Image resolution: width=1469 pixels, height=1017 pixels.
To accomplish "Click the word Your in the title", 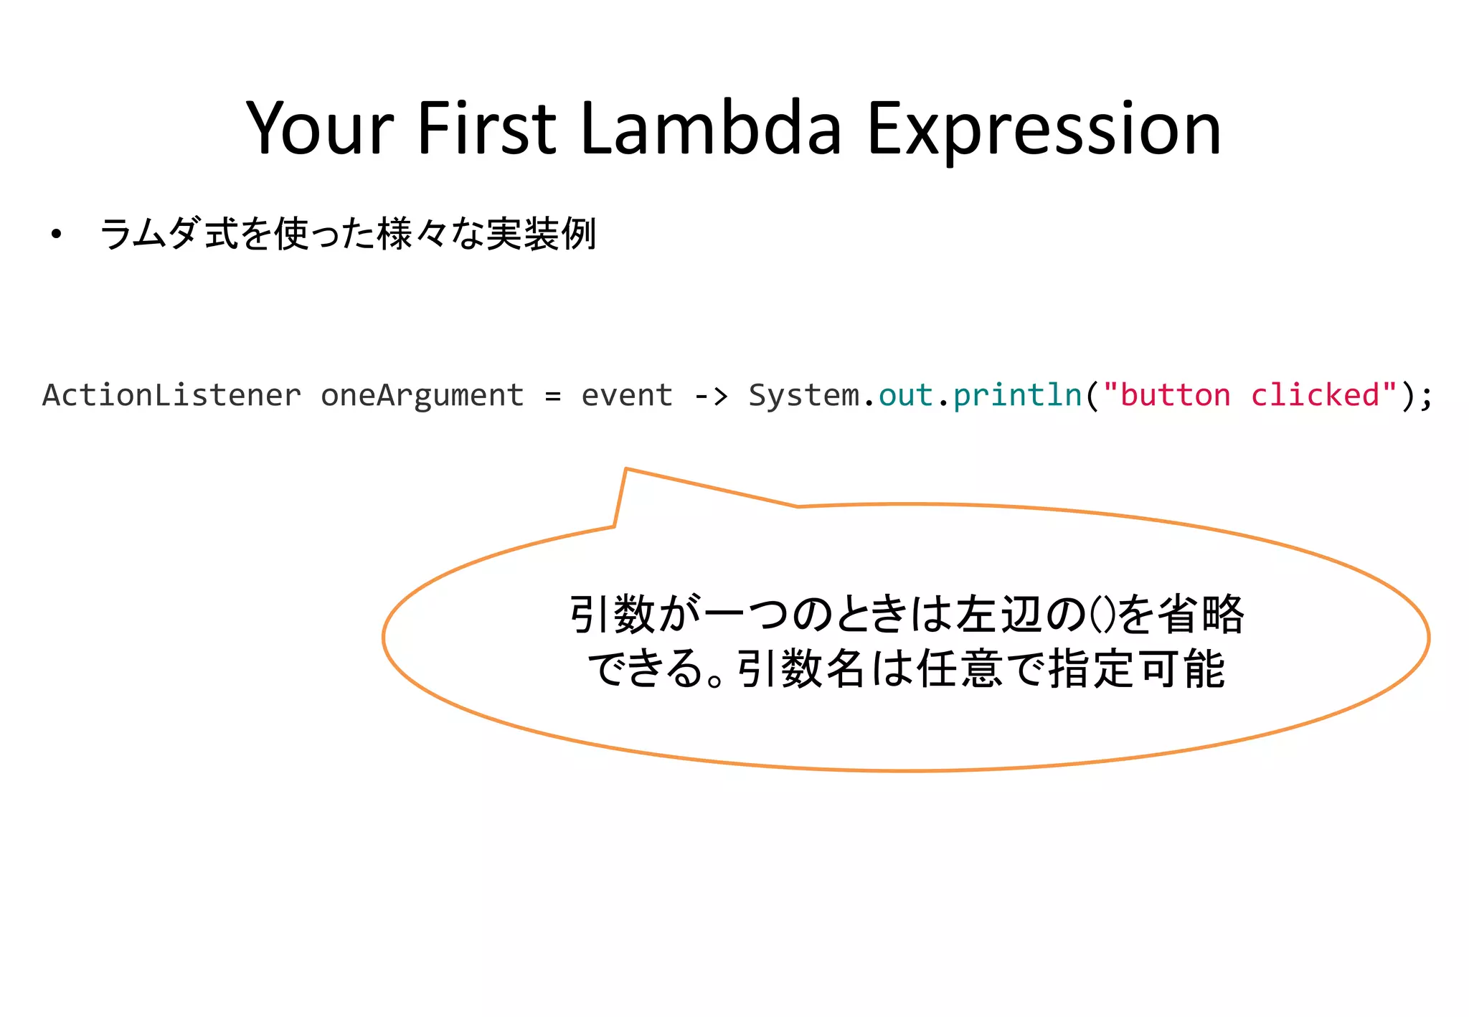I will point(320,129).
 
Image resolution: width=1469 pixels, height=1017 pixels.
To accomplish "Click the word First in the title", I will point(486,129).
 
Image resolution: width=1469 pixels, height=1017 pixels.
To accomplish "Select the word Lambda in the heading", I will point(710,129).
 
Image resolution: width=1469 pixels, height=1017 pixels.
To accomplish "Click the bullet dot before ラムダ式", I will point(56,235).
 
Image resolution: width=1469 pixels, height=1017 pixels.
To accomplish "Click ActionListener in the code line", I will point(171,395).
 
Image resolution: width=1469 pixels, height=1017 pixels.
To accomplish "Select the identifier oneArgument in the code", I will point(422,395).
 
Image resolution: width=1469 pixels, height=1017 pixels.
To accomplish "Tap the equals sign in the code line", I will point(552,396).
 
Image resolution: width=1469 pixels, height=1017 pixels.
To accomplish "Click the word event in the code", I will point(626,395).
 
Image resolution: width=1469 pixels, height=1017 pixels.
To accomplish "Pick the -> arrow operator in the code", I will point(711,396).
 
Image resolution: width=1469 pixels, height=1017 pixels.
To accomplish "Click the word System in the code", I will point(803,395).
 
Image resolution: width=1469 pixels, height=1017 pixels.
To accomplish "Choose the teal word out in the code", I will point(905,395).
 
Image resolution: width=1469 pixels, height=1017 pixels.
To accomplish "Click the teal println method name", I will point(1017,395).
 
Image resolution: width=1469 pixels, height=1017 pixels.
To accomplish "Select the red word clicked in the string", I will point(1315,395).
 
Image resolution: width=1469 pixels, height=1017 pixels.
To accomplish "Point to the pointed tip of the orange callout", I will point(626,469).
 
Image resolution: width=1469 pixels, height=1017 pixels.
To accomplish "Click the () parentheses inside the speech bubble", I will point(1102,615).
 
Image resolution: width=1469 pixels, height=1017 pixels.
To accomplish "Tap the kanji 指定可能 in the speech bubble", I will point(1136,669).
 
